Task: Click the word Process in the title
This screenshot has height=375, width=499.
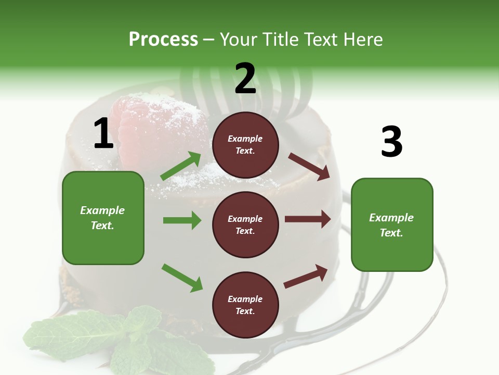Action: (163, 40)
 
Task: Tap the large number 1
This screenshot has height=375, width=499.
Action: (103, 134)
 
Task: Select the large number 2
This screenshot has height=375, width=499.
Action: (245, 79)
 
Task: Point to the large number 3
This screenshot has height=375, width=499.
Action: (391, 142)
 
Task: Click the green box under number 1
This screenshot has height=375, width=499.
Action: (103, 218)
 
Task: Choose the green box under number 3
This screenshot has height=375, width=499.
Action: (392, 224)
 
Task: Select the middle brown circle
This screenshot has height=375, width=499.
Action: (245, 224)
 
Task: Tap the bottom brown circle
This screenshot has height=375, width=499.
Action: (245, 305)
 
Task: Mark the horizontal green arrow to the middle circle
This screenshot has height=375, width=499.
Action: (182, 220)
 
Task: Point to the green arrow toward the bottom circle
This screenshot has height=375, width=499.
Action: (182, 278)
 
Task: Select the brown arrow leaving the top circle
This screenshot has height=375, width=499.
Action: (309, 166)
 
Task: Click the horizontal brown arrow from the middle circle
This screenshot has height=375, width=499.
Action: (308, 219)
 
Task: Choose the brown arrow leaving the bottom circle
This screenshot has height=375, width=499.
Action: (306, 276)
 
